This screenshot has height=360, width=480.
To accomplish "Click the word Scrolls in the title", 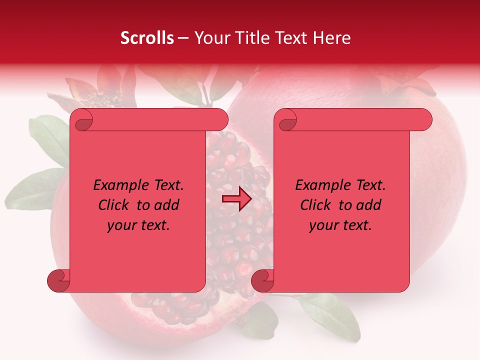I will (x=147, y=38).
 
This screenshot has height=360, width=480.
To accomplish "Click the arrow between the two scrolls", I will (x=236, y=199).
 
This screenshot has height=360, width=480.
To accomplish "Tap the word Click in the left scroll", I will (x=114, y=205).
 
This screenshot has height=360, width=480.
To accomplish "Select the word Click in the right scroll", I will (x=315, y=205).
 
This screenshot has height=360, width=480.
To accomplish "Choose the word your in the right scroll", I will (x=322, y=225).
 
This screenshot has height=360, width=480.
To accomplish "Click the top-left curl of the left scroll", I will (x=81, y=120).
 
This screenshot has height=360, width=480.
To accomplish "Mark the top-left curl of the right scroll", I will (x=286, y=120).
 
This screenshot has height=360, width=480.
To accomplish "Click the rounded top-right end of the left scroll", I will (x=220, y=119).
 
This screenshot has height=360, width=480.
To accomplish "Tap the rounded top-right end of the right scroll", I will (x=424, y=119).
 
